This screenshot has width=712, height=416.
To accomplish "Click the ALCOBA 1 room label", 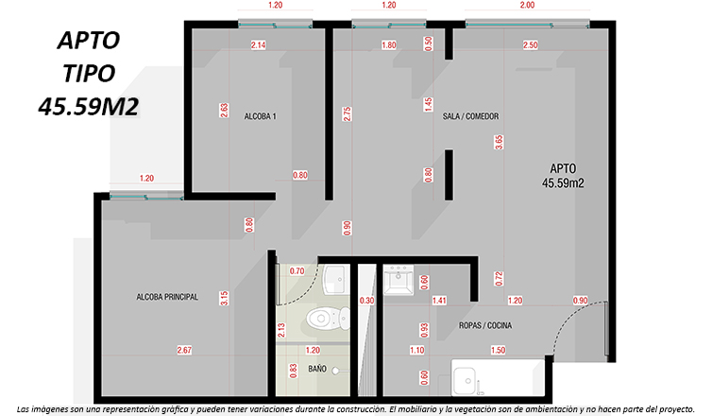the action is point(261,116).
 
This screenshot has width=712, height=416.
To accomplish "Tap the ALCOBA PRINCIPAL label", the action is point(167,297).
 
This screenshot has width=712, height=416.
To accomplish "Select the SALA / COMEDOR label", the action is point(470,116).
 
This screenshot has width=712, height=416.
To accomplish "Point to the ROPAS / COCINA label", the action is point(485,325).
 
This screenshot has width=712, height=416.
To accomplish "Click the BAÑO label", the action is point(317,369).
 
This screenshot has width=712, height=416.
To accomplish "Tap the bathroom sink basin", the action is point(336,279).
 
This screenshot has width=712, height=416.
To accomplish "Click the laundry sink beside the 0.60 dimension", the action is point(398,280).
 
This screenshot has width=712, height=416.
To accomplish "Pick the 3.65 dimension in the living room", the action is point(499,143).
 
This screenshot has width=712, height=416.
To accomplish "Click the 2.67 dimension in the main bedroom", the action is point(184,350).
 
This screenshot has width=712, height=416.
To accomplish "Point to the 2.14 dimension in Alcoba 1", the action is point(258,45).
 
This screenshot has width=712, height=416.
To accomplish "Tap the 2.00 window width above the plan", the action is point(527,5).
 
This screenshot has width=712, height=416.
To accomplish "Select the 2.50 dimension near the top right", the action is point(530,45).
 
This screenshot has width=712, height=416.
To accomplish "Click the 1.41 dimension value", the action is point(439,301).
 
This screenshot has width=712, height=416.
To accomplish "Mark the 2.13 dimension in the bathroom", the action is point(281,330).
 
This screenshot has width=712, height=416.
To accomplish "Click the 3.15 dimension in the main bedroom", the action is point(224,298).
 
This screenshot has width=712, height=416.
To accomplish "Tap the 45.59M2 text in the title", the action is point(88,107).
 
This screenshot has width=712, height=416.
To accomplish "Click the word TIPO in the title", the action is point(89,74).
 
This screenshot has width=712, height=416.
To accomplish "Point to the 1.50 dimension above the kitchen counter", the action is point(498,350).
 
